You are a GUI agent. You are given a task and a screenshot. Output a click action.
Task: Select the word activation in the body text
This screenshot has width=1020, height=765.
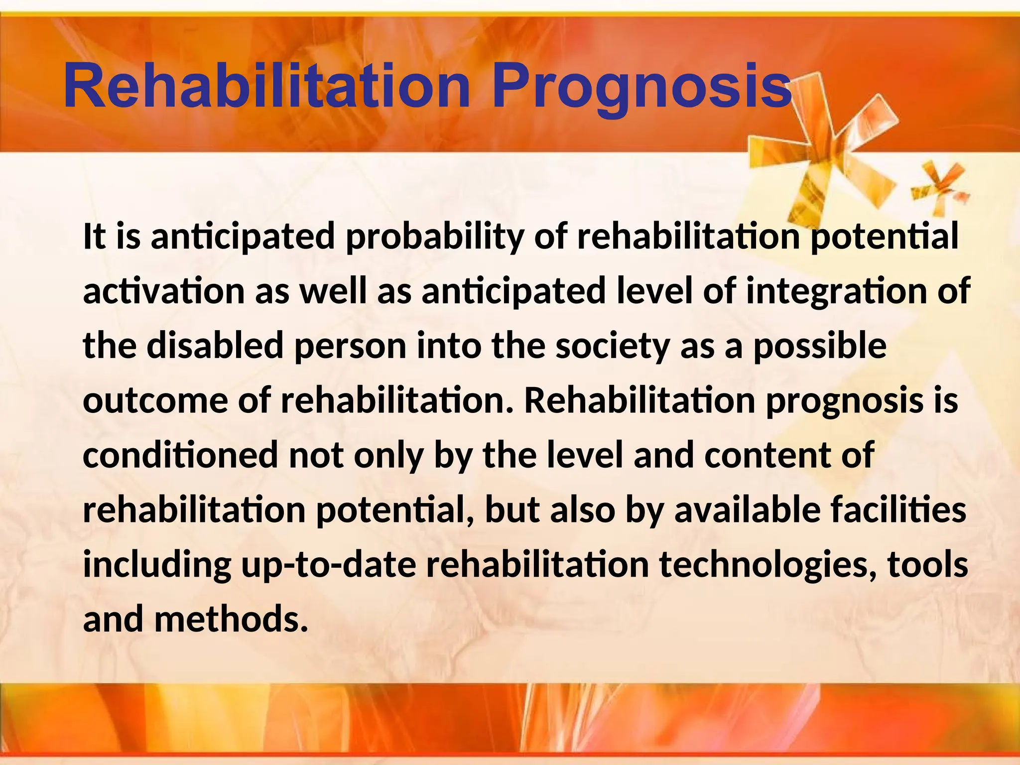(x=164, y=291)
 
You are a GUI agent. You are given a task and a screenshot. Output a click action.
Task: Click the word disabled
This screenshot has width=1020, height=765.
(x=215, y=346)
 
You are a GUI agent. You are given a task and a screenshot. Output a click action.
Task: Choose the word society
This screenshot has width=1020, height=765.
(x=612, y=346)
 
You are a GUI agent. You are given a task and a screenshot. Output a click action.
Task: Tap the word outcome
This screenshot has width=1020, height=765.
(x=155, y=400)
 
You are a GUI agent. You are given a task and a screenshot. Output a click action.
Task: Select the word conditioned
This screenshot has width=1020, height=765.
(x=180, y=455)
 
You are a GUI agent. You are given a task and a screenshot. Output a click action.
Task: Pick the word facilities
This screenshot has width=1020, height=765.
(x=897, y=510)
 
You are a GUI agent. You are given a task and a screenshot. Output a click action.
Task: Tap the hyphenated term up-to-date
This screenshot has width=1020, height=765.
(x=328, y=566)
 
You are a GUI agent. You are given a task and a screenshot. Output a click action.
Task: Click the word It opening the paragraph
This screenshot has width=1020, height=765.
(x=94, y=236)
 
